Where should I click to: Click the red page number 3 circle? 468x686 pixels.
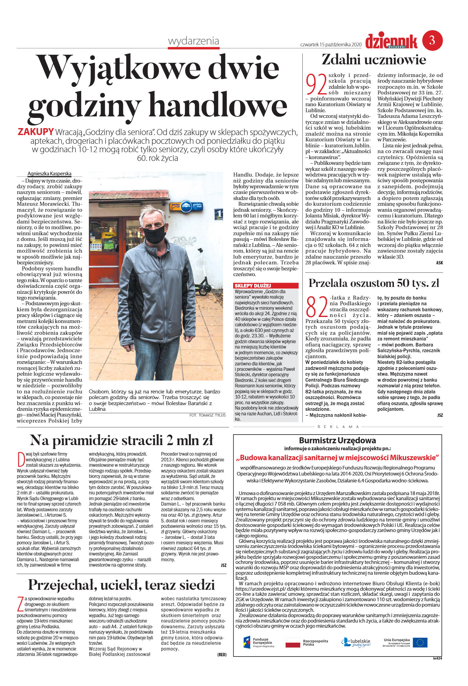tap(432, 40)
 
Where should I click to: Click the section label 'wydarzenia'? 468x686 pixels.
tap(193, 41)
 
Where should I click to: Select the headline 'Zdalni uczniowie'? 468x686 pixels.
tap(374, 60)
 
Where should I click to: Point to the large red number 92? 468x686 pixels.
tap(316, 85)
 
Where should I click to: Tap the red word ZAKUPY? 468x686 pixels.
tap(36, 132)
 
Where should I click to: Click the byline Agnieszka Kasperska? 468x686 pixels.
tap(50, 174)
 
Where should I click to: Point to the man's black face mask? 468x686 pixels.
tap(154, 234)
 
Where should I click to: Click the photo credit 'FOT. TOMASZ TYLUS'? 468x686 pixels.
tap(207, 415)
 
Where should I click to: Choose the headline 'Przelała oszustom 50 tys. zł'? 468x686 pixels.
tap(374, 283)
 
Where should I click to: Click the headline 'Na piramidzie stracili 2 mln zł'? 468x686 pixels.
tap(121, 440)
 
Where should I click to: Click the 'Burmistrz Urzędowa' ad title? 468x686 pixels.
tap(337, 441)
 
